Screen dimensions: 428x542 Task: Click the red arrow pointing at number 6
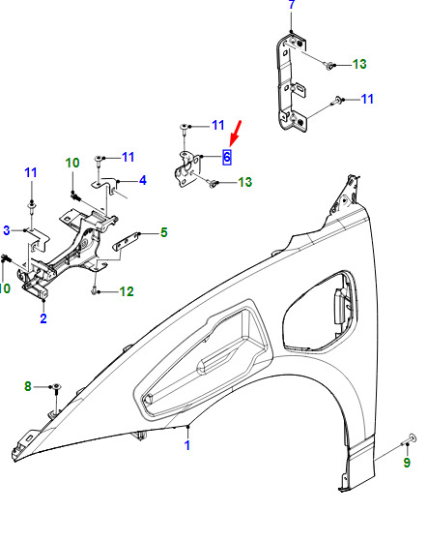tap(236, 134)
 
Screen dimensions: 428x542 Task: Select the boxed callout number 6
tap(227, 157)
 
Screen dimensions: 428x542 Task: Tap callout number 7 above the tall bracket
tap(292, 5)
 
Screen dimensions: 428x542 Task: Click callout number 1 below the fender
tap(187, 445)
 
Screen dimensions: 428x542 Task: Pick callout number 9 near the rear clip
tap(407, 463)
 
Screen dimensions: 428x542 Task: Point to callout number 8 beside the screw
tap(28, 386)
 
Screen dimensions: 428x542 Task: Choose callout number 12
tap(127, 291)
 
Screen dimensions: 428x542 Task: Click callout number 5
tap(164, 232)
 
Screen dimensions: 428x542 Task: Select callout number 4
tap(143, 180)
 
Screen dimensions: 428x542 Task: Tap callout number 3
tap(7, 230)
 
